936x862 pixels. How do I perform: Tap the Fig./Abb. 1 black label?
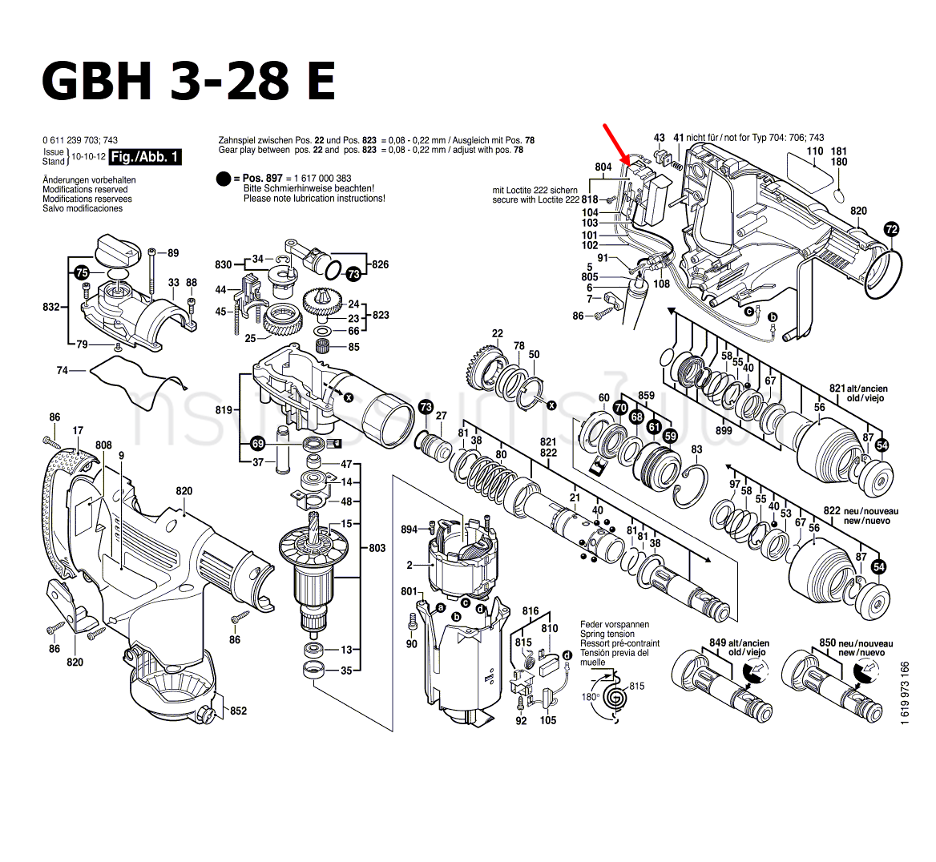pyautogui.click(x=146, y=156)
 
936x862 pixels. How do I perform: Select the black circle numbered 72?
pyautogui.click(x=891, y=229)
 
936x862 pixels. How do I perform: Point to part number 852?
pyautogui.click(x=238, y=711)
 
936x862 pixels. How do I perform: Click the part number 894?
pyautogui.click(x=409, y=530)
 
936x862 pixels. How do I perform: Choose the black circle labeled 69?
pyautogui.click(x=257, y=443)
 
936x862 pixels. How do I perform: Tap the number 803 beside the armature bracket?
pyautogui.click(x=377, y=548)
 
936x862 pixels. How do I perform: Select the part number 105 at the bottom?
pyautogui.click(x=547, y=721)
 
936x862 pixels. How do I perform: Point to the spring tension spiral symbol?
pyautogui.click(x=615, y=697)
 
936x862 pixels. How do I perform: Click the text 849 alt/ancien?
pyautogui.click(x=739, y=642)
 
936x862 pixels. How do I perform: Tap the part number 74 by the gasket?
pyautogui.click(x=63, y=370)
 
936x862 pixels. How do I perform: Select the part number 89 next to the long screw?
pyautogui.click(x=173, y=253)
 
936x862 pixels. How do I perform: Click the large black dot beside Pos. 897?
pyautogui.click(x=224, y=179)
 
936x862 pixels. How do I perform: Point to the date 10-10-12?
pyautogui.click(x=87, y=156)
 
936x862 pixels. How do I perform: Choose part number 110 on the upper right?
pyautogui.click(x=814, y=151)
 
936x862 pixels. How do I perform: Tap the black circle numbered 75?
pyautogui.click(x=81, y=272)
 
